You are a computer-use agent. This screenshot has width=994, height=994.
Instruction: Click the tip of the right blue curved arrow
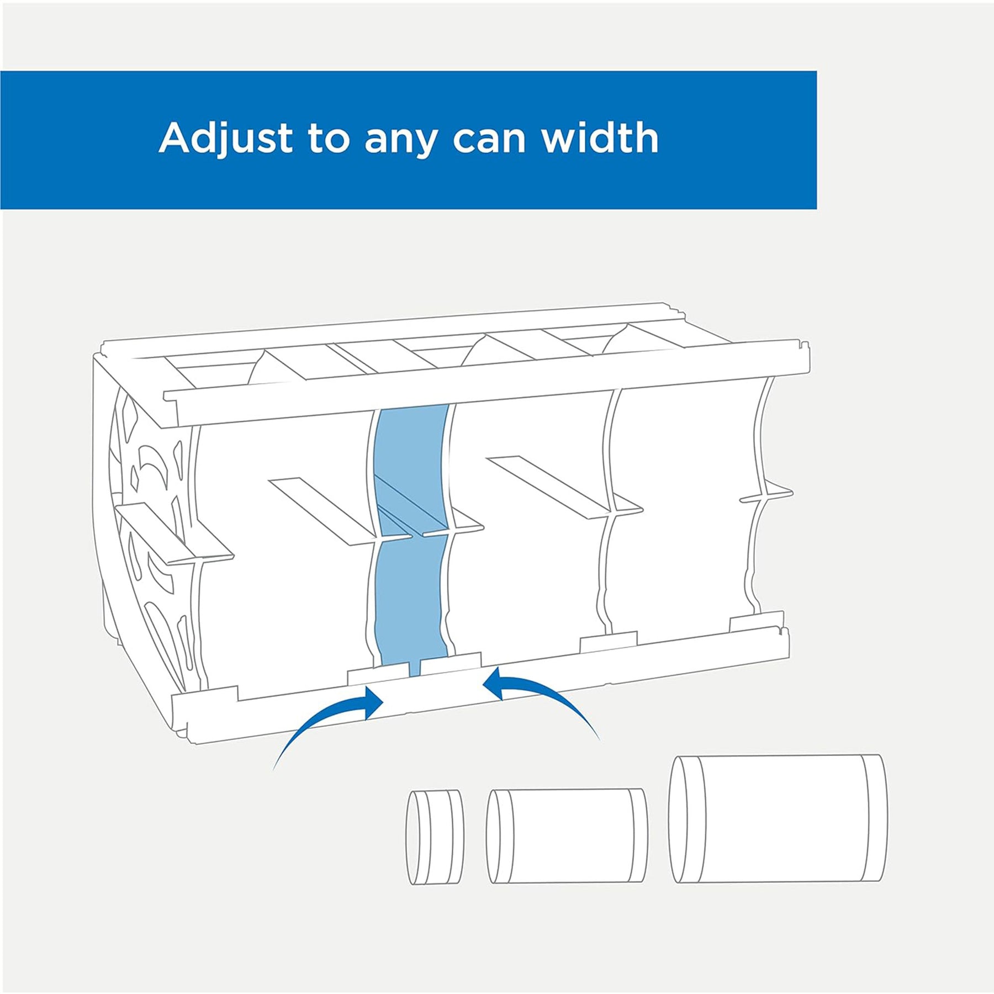483,684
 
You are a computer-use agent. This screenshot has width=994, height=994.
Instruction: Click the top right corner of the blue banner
817,71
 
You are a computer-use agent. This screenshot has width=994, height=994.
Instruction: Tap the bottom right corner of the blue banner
817,209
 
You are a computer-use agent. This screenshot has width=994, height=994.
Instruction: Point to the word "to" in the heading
329,139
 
